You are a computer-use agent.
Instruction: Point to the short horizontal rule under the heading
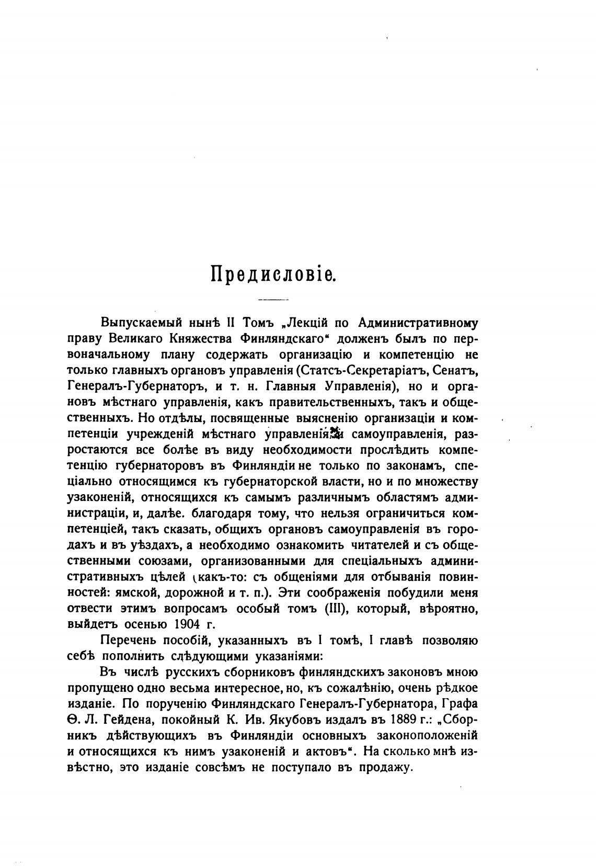273,300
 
